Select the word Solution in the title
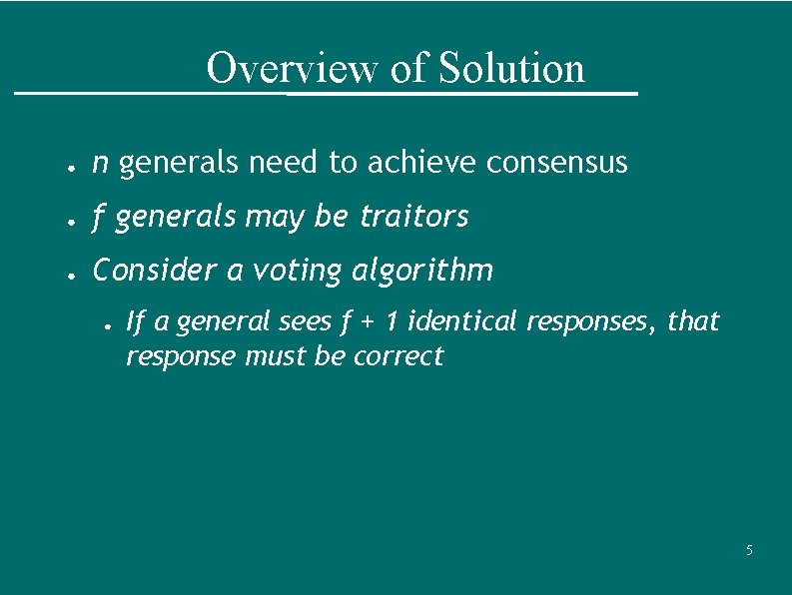tap(511, 69)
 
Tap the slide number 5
tap(750, 551)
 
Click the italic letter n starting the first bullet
tap(100, 163)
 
